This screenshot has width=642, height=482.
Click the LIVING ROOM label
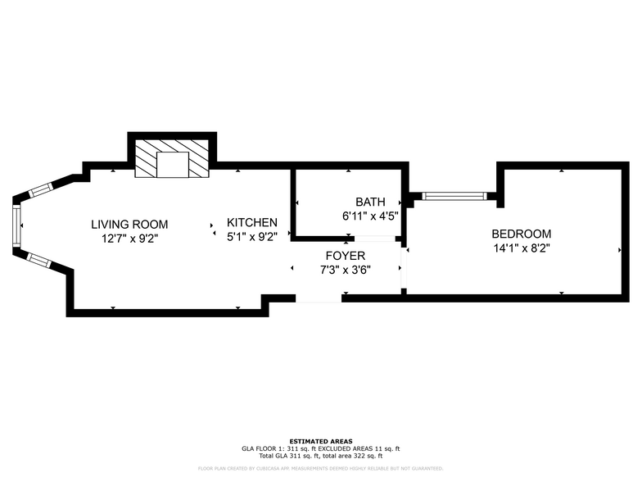(x=129, y=224)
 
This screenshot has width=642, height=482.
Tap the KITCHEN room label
(x=252, y=222)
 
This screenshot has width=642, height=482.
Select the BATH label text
(x=370, y=202)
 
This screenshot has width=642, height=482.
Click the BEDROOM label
(x=522, y=234)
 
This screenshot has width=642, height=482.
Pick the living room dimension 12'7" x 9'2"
(x=129, y=239)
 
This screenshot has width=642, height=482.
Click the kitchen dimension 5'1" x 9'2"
(x=252, y=237)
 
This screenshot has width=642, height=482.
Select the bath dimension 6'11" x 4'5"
(x=370, y=216)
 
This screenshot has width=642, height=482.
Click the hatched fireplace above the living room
(x=172, y=158)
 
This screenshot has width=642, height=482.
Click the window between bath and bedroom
(x=454, y=196)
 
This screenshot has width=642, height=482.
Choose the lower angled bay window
(x=39, y=260)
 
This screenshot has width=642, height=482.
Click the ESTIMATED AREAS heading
(x=321, y=441)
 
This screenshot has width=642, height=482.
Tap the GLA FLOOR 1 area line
(x=321, y=448)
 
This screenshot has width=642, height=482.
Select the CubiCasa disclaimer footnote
(x=321, y=468)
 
